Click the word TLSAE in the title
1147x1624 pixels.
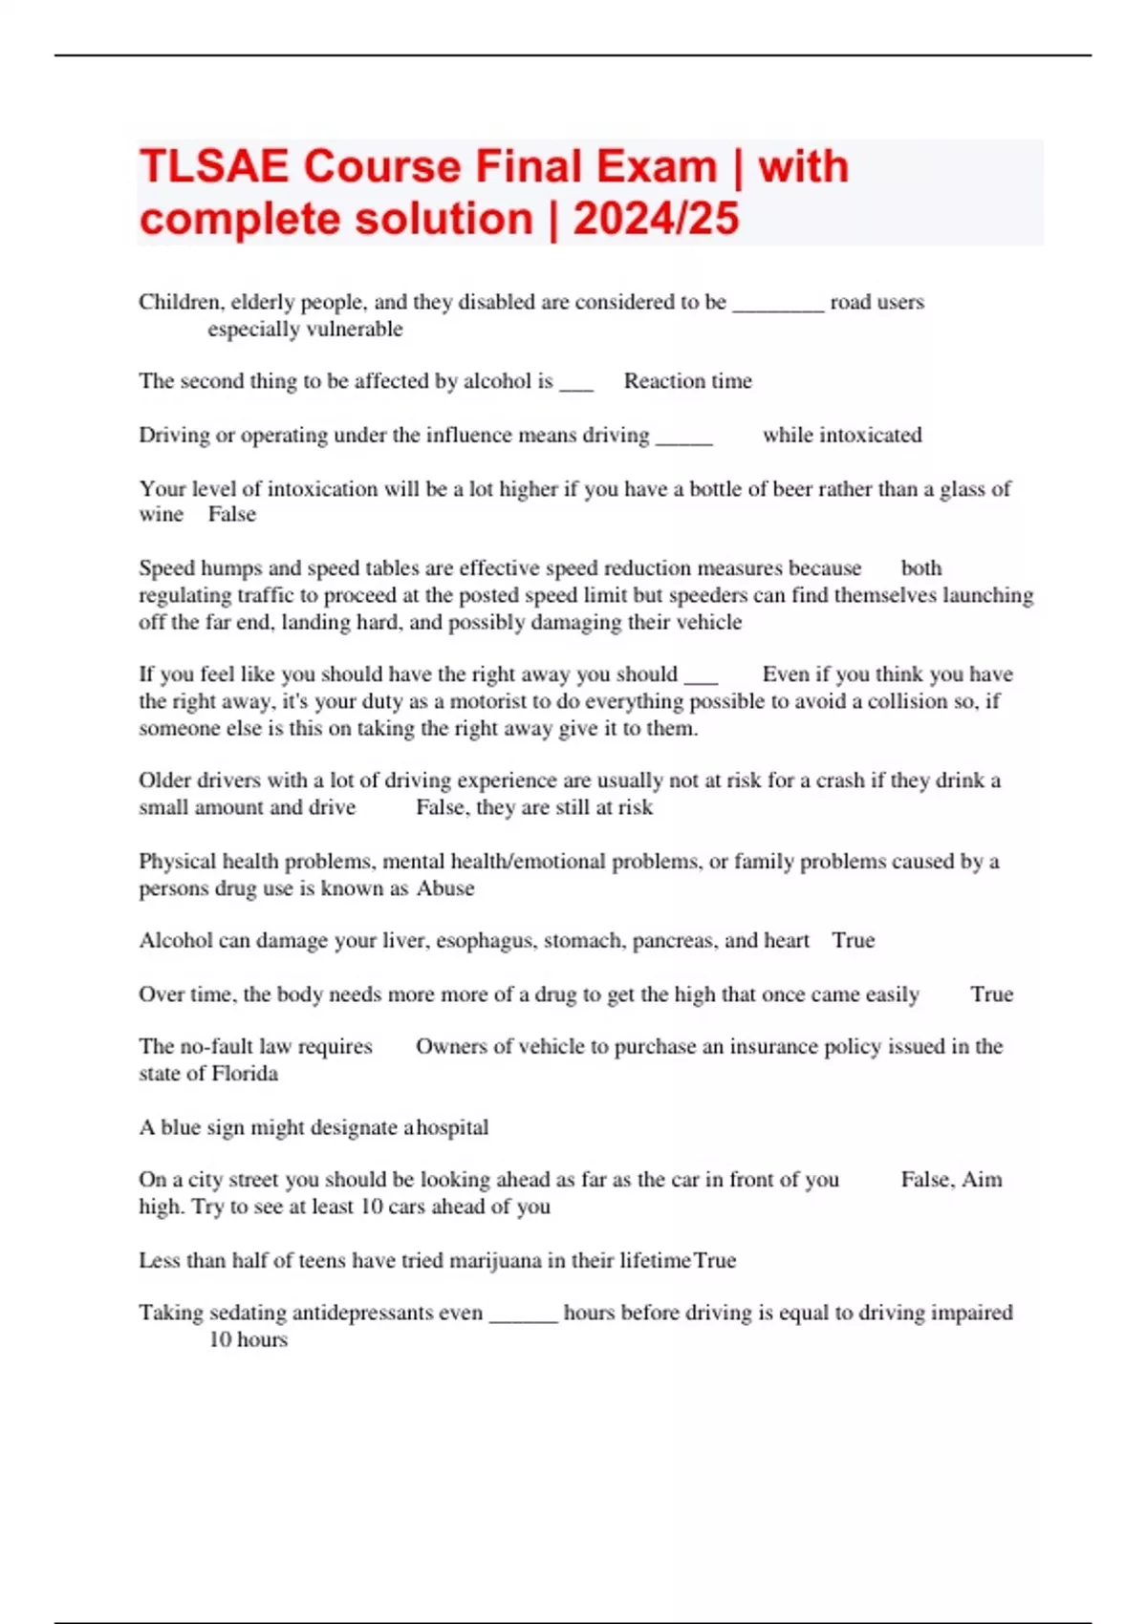pyautogui.click(x=213, y=167)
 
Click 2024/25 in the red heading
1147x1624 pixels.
pyautogui.click(x=656, y=219)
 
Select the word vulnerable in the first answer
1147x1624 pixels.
pyautogui.click(x=354, y=330)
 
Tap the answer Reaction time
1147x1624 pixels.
pyautogui.click(x=687, y=381)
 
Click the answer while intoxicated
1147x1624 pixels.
pyautogui.click(x=841, y=436)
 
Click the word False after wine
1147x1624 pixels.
pyautogui.click(x=232, y=515)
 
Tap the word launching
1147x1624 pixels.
pyautogui.click(x=988, y=595)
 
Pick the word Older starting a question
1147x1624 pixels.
pyautogui.click(x=165, y=780)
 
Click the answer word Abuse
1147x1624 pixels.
pyautogui.click(x=445, y=888)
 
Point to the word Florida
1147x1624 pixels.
pyautogui.click(x=245, y=1074)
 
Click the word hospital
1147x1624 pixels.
pyautogui.click(x=452, y=1128)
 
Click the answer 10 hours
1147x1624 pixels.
pyautogui.click(x=248, y=1340)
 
